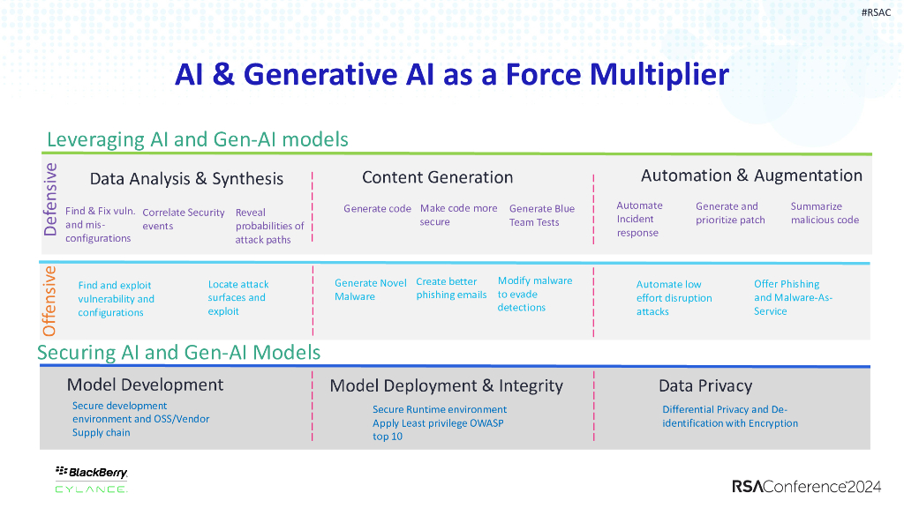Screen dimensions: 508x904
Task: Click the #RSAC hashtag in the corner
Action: click(x=878, y=12)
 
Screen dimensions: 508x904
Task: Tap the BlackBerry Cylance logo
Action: click(x=92, y=479)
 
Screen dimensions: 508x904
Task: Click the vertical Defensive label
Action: click(x=50, y=199)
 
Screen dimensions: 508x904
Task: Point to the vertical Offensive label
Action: click(x=50, y=301)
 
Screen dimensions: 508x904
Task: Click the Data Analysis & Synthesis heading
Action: click(x=186, y=179)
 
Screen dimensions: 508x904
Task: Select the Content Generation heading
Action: click(x=437, y=177)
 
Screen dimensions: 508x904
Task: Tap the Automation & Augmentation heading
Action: click(x=751, y=176)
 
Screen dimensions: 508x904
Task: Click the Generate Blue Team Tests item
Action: click(x=541, y=215)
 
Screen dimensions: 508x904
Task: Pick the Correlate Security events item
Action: click(x=183, y=219)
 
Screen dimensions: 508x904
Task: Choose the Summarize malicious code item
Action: click(x=824, y=213)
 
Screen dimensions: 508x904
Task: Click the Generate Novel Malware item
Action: click(x=370, y=289)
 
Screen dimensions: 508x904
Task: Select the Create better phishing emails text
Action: click(x=451, y=288)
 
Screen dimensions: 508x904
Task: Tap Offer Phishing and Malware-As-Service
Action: click(x=792, y=297)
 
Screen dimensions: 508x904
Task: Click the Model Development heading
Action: click(x=145, y=385)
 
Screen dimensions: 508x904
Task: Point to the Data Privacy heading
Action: click(x=704, y=385)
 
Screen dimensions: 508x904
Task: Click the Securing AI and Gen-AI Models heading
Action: click(x=178, y=353)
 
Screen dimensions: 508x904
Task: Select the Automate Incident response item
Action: click(x=638, y=219)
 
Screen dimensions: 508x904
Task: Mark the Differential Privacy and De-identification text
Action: click(x=729, y=416)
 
